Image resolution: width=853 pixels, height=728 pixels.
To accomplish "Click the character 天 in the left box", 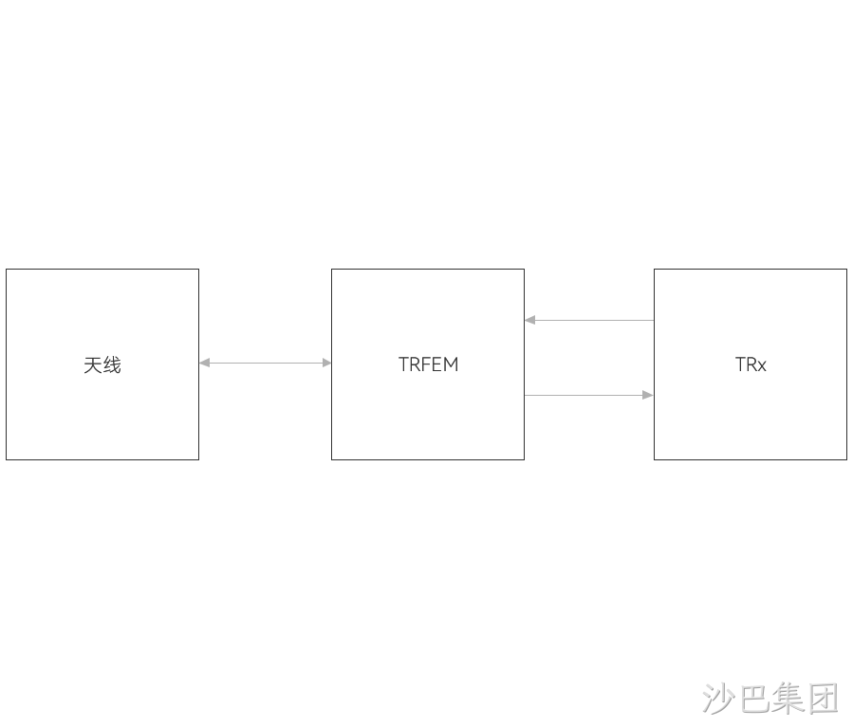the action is pos(92,364).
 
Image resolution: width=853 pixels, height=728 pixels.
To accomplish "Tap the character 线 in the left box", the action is pos(112,364).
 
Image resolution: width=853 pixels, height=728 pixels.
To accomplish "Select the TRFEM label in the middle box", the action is pos(428,364).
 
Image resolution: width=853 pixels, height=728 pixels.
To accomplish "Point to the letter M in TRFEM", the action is pos(451,364).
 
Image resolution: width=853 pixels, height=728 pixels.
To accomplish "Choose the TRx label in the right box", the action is pos(751,364).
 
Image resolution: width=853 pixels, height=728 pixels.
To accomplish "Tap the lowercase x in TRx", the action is pos(762,366).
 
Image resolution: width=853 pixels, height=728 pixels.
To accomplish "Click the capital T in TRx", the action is pos(740,364).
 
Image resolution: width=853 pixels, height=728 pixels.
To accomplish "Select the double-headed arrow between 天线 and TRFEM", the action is pos(265,363).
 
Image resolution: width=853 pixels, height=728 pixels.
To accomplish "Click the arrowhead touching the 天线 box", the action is pos(205,363).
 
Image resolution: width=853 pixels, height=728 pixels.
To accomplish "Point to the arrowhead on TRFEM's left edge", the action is pos(326,363).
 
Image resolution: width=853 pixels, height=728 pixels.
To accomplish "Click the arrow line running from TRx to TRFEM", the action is pos(589,320).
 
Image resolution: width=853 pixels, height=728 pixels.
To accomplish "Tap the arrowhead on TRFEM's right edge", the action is pos(529,320).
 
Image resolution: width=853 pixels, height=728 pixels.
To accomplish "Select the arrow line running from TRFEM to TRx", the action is pos(589,395).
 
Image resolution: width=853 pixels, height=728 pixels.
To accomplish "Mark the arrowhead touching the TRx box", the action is pos(648,395).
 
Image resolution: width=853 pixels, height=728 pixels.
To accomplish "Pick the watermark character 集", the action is pos(788,698).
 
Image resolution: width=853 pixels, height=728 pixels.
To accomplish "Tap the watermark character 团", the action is pos(822,698).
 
